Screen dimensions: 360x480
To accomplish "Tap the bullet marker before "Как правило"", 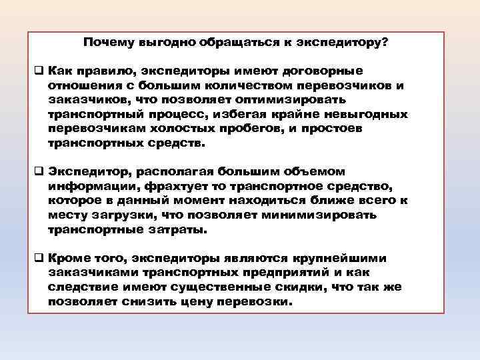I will click(39, 71).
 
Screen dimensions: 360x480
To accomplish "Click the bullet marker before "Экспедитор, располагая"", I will click(39, 172).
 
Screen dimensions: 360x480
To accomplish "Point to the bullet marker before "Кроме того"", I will click(39, 258).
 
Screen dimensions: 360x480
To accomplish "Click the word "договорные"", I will click(323, 71).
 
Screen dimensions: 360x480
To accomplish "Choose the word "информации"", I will click(81, 186).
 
